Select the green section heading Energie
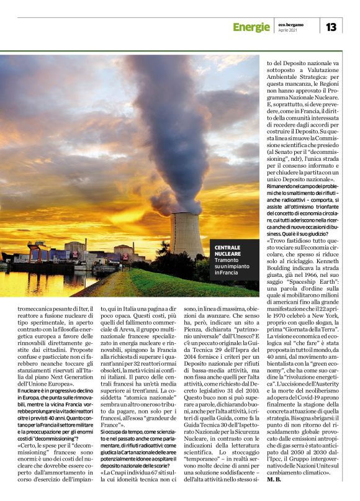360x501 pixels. point(251,27)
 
